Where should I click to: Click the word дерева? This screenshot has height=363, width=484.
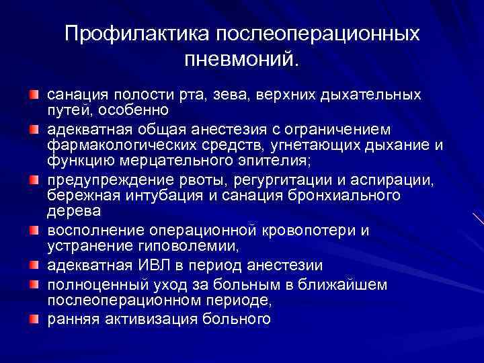pyautogui.click(x=75, y=211)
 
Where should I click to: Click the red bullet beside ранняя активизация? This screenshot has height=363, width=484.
pyautogui.click(x=34, y=318)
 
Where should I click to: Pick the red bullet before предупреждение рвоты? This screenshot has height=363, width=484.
pyautogui.click(x=34, y=181)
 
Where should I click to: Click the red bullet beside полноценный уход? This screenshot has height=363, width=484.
pyautogui.click(x=34, y=284)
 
